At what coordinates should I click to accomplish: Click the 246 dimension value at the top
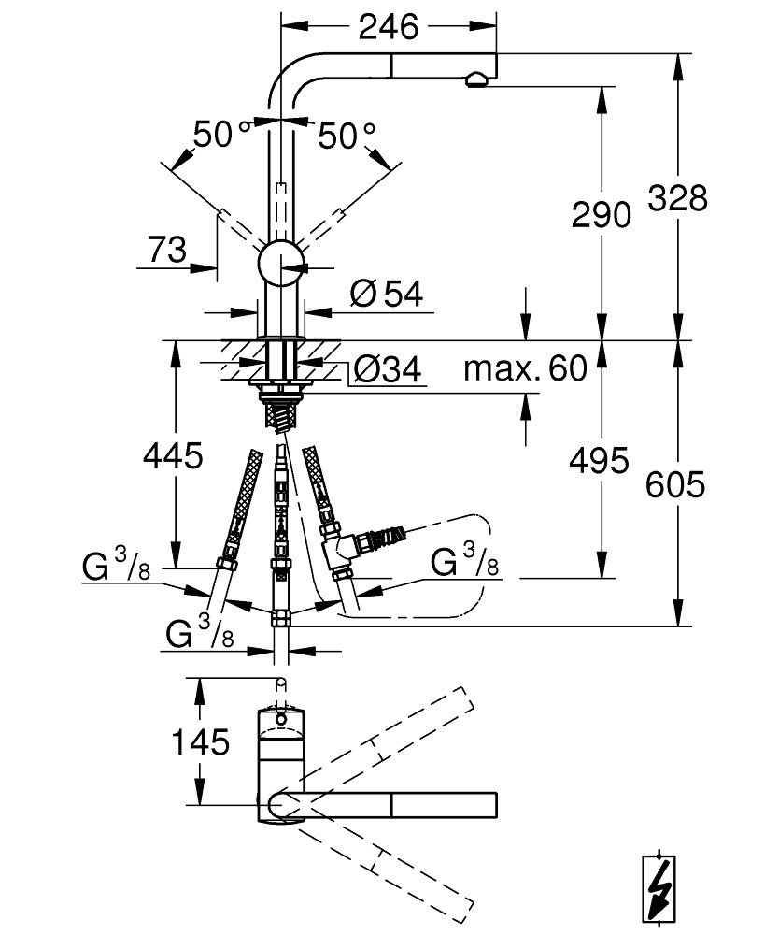[389, 27]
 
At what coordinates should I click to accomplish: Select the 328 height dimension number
[678, 198]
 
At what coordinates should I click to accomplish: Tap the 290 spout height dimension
[601, 215]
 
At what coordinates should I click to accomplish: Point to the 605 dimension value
[675, 484]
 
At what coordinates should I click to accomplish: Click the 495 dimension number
[599, 460]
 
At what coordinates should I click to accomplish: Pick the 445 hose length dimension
[174, 456]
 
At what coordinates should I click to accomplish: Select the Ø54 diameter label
[387, 294]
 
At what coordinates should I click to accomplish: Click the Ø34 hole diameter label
[388, 369]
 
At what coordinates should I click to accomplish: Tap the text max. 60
[525, 368]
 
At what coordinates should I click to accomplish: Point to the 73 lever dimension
[167, 250]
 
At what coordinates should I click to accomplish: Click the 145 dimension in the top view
[200, 742]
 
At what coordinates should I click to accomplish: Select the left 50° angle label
[221, 135]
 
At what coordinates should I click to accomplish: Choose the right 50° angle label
[347, 136]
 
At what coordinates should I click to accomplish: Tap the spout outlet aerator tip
[477, 79]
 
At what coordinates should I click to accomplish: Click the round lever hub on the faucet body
[281, 264]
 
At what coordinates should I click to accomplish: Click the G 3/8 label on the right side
[464, 562]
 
